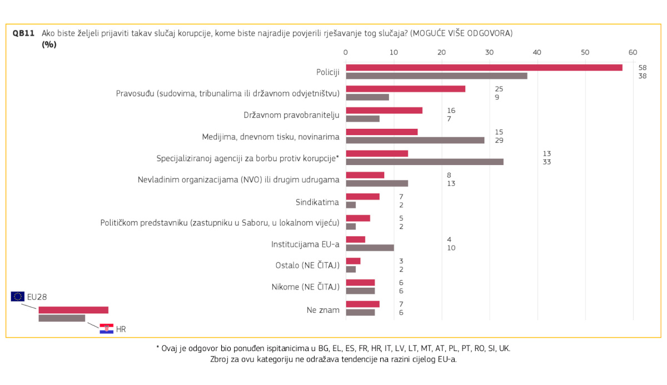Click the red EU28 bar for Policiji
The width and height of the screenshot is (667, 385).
pyautogui.click(x=484, y=67)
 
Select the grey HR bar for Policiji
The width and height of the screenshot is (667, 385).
pyautogui.click(x=436, y=76)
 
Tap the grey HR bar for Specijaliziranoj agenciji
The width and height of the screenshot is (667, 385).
pyautogui.click(x=425, y=162)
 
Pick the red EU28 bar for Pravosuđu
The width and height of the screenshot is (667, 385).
pyautogui.click(x=405, y=89)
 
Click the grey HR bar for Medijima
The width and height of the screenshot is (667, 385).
pyautogui.click(x=415, y=140)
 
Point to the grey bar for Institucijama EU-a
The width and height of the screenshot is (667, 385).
pyautogui.click(x=370, y=248)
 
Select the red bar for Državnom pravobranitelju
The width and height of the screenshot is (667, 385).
pyautogui.click(x=384, y=110)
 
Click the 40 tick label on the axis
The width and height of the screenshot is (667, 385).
pyautogui.click(x=537, y=52)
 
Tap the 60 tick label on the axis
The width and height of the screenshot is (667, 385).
pyautogui.click(x=633, y=52)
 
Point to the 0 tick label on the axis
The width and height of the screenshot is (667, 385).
pyautogui.click(x=346, y=52)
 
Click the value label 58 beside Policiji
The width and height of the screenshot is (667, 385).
pyautogui.click(x=643, y=67)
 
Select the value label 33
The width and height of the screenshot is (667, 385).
pyautogui.click(x=547, y=162)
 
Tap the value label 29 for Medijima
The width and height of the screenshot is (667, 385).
pyautogui.click(x=500, y=140)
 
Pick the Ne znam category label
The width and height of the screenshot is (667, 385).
pyautogui.click(x=323, y=309)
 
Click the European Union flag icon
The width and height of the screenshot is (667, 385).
pyautogui.click(x=17, y=296)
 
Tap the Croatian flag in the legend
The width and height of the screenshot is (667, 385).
pyautogui.click(x=106, y=328)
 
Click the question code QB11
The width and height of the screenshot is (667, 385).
pyautogui.click(x=23, y=33)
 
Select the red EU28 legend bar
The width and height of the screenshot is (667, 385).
pyautogui.click(x=73, y=310)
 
